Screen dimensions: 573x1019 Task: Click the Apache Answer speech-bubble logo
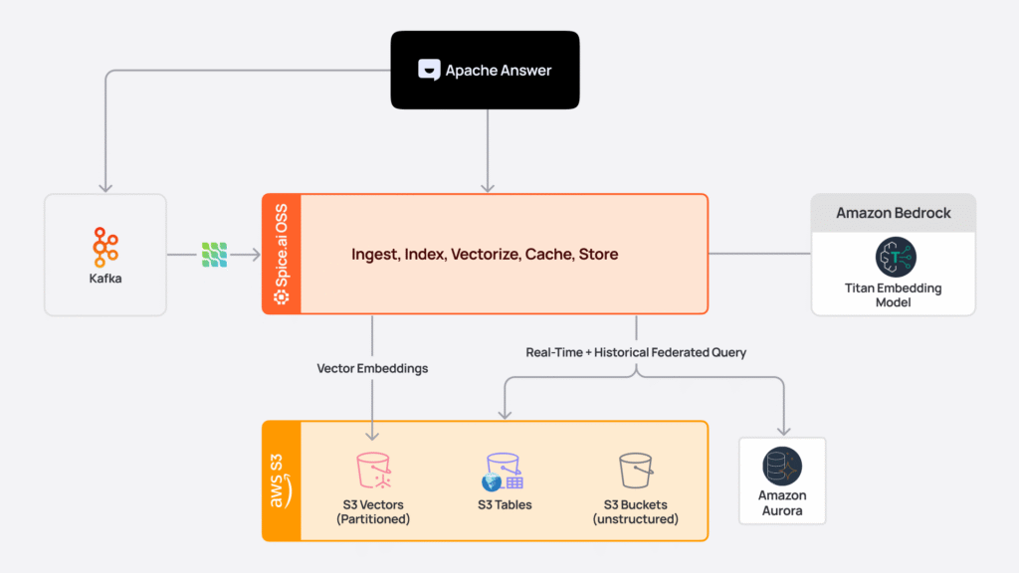coord(429,70)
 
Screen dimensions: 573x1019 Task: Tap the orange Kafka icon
coord(105,246)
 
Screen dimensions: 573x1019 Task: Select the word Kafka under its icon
coord(105,280)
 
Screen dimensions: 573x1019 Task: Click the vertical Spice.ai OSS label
coord(282,254)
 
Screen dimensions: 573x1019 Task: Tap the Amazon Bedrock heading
coord(893,213)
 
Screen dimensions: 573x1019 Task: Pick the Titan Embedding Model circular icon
coord(895,256)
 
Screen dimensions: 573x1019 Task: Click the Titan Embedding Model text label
coord(894,295)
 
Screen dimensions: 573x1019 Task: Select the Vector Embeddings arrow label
coord(372,368)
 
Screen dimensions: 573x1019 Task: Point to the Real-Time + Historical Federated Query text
coord(636,352)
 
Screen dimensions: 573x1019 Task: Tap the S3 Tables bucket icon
coord(504,471)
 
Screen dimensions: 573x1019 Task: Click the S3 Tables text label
coord(505,505)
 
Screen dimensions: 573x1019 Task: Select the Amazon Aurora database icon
coord(782,466)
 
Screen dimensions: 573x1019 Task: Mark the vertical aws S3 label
coord(282,480)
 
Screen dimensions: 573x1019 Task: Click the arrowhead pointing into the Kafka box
coord(105,187)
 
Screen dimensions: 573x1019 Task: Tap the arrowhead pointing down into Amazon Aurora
coord(782,431)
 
